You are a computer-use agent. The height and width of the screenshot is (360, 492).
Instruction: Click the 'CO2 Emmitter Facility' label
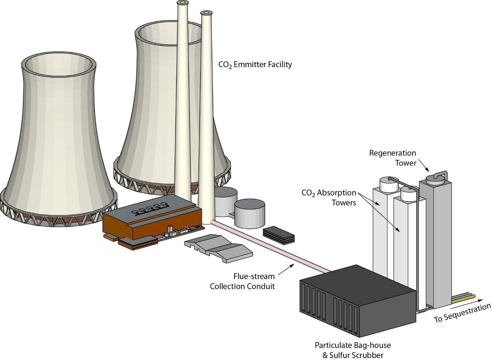point(255,65)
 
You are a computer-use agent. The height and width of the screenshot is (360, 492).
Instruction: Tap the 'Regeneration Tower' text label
point(393,158)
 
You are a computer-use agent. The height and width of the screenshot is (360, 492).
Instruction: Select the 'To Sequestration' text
point(462,313)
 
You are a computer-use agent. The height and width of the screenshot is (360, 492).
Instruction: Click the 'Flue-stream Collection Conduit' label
point(243,281)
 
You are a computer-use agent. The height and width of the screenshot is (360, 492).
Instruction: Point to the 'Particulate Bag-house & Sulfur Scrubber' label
point(353,350)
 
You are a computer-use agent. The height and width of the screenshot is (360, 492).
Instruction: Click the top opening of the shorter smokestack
point(206,13)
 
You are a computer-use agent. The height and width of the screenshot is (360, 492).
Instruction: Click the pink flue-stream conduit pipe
point(269,247)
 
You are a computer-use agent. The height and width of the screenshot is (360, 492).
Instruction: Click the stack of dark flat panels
point(279,235)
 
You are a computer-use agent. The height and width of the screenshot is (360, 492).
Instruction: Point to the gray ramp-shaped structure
point(218,247)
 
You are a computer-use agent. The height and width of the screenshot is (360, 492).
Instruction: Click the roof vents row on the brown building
point(150,209)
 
